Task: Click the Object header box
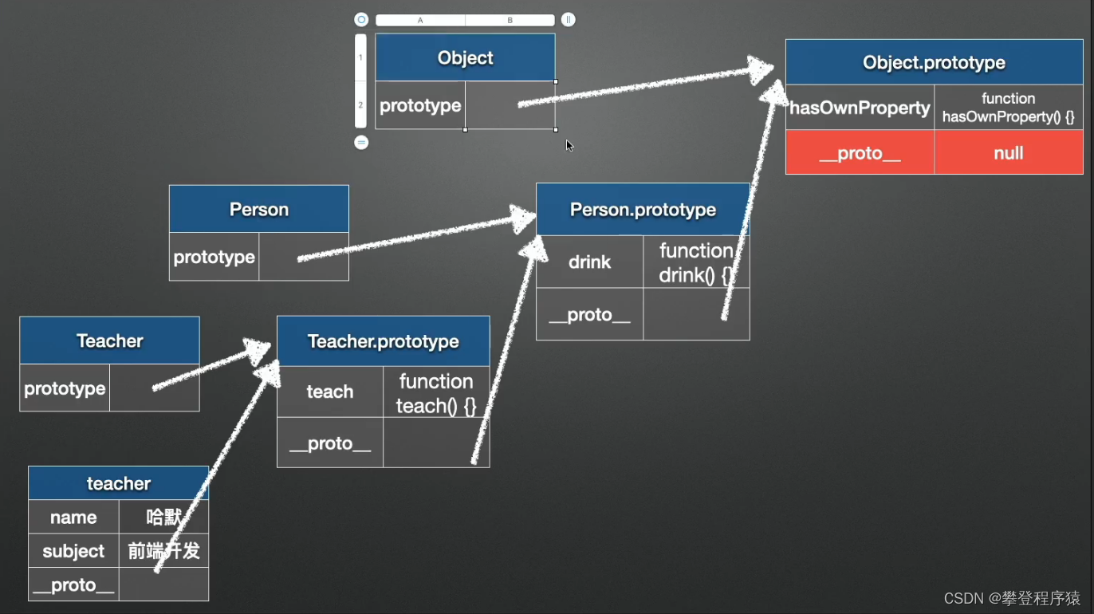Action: point(465,57)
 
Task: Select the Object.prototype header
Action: point(934,62)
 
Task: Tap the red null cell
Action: point(1008,153)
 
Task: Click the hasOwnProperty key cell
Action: point(860,108)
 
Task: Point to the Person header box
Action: point(258,209)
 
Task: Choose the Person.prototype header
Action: point(643,210)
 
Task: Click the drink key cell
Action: point(589,262)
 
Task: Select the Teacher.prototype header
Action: point(383,341)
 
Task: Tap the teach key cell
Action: point(329,392)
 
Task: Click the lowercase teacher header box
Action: point(118,483)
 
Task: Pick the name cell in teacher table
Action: point(73,518)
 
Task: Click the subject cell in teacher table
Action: point(73,551)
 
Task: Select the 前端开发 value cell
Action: point(163,551)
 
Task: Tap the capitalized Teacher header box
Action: point(109,340)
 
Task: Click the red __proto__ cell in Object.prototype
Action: point(860,153)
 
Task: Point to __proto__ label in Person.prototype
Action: point(589,315)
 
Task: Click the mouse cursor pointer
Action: point(569,145)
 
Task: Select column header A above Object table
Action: point(420,20)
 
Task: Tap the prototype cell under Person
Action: point(214,257)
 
